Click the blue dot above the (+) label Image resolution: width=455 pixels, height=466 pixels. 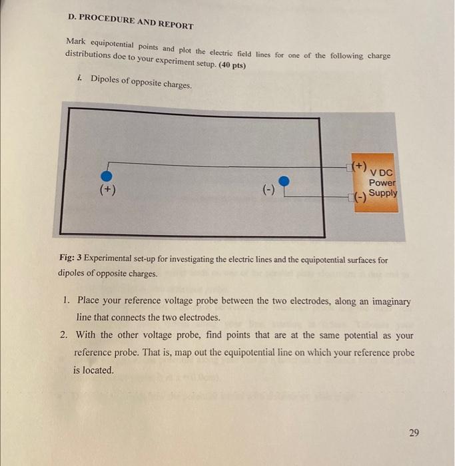pos(105,175)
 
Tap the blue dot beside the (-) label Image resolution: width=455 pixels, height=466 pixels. pos(284,180)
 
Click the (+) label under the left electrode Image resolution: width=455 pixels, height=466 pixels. pos(107,190)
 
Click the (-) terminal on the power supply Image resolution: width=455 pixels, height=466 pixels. pos(360,196)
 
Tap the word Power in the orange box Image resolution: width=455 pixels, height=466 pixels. pos(382,182)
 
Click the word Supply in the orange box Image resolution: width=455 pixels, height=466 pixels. pos(383,193)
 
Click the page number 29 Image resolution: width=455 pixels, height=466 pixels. pos(414,433)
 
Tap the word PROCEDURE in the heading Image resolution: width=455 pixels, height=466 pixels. pos(109,19)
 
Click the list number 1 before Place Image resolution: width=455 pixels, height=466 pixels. pos(65,301)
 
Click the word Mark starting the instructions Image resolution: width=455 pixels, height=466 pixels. pos(77,41)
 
